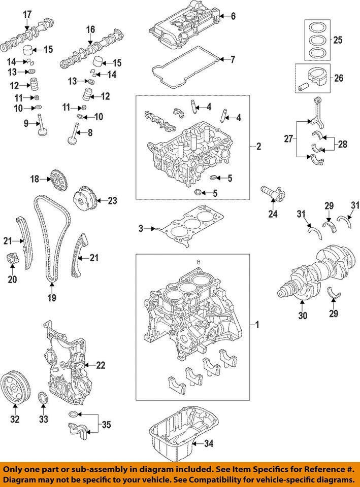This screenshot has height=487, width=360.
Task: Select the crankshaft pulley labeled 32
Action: coord(15,389)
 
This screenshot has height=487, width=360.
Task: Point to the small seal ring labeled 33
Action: coord(44,398)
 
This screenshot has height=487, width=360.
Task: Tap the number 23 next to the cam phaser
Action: coord(112,200)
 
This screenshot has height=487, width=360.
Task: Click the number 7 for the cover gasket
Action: coord(233,60)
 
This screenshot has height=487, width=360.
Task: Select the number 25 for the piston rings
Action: coord(338,39)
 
